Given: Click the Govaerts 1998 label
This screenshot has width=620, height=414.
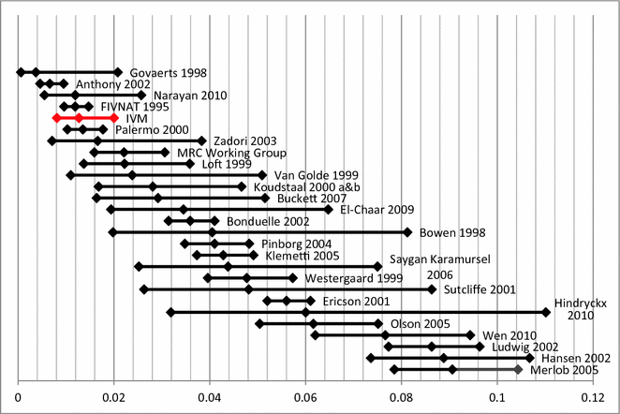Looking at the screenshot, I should click(x=168, y=73).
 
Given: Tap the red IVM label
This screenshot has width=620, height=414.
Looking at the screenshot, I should click(x=136, y=119).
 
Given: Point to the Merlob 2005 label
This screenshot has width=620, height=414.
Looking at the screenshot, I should click(x=562, y=369).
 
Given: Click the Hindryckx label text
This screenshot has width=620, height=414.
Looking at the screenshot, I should click(x=583, y=303).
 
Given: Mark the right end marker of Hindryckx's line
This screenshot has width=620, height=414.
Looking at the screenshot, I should click(x=546, y=312).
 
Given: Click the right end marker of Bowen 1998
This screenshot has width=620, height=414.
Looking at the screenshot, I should click(x=407, y=232).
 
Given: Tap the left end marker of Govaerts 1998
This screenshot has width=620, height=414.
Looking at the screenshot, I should click(x=20, y=72).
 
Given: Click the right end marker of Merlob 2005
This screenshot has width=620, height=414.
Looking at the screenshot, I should click(x=518, y=369).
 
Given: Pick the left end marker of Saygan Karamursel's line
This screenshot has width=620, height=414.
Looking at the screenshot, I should click(x=139, y=266).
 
